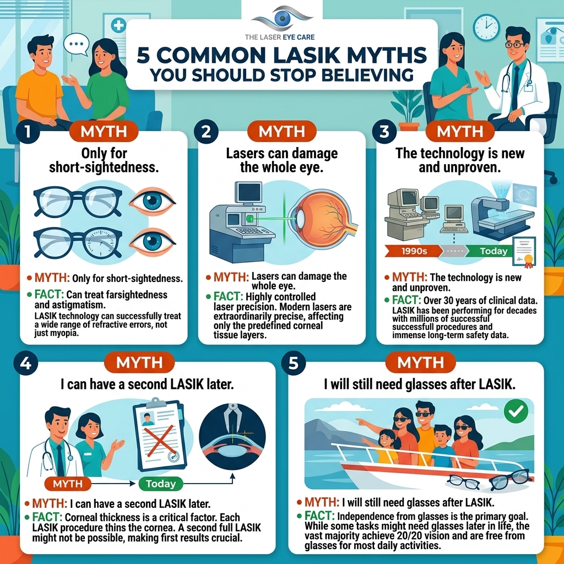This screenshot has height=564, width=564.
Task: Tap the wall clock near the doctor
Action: [x=486, y=28]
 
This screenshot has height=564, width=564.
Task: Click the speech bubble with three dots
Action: [x=76, y=44]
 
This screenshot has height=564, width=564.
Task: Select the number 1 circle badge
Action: [x=28, y=132]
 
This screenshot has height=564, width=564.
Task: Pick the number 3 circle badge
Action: [x=384, y=132]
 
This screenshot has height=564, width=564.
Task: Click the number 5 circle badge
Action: [x=294, y=363]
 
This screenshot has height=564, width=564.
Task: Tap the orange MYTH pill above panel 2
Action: [x=281, y=131]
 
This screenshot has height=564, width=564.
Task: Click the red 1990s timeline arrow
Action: [x=414, y=251]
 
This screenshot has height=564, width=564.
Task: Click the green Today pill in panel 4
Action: [x=161, y=484]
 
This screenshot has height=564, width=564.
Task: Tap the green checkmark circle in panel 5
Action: [x=516, y=411]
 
